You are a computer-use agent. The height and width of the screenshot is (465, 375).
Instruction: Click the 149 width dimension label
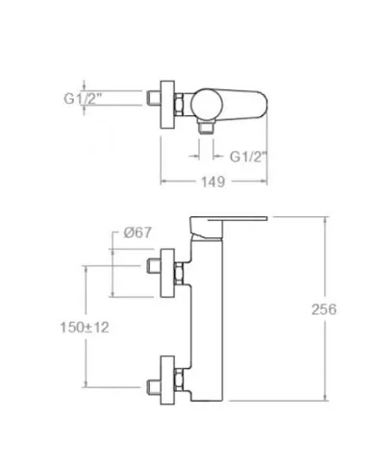click(212, 182)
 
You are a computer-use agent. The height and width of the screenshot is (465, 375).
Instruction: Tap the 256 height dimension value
click(324, 309)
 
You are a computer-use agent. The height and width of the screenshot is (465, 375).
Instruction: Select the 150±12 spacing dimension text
click(85, 328)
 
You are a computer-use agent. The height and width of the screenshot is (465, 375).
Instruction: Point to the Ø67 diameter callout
click(137, 232)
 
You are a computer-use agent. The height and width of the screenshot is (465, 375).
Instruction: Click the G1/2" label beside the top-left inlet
click(83, 98)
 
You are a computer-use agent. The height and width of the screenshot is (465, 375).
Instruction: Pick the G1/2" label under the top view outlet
click(248, 157)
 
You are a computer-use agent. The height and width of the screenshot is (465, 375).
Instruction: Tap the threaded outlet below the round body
click(206, 127)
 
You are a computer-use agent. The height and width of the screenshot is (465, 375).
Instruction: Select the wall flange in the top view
click(167, 105)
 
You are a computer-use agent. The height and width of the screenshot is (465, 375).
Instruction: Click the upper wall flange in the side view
click(167, 273)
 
